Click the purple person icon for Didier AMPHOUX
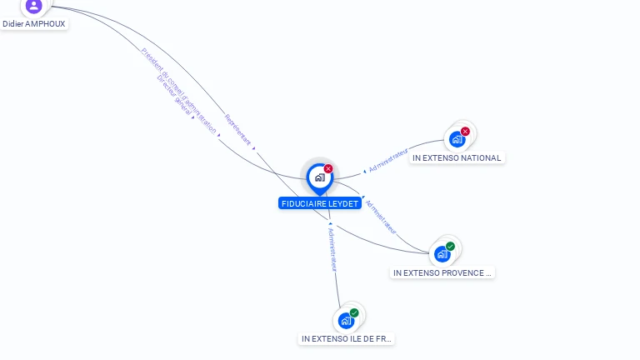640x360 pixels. coord(33,6)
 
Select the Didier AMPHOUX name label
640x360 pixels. coord(33,24)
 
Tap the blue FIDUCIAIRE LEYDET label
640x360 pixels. coord(320,203)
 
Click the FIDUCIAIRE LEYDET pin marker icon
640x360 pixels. coord(319,177)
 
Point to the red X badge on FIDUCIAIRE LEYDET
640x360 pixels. coord(328,169)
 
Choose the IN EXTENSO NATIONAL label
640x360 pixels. coord(457,158)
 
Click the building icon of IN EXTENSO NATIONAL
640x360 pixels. coord(457,139)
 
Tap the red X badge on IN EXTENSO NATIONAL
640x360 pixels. coord(465,131)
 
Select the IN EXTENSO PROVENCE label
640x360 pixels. coord(442,272)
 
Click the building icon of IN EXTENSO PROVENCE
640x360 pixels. coord(442,253)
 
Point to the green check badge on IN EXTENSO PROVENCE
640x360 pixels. coord(450,246)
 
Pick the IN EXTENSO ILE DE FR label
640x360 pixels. coord(347,339)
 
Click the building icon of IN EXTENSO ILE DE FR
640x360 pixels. coord(346,320)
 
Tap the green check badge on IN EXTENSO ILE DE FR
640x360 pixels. coord(354,312)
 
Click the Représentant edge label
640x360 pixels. coord(237,131)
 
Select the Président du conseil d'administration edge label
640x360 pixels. coord(179,90)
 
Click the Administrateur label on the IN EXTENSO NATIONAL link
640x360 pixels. coord(388,161)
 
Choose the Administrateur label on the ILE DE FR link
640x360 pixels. coord(332,249)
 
